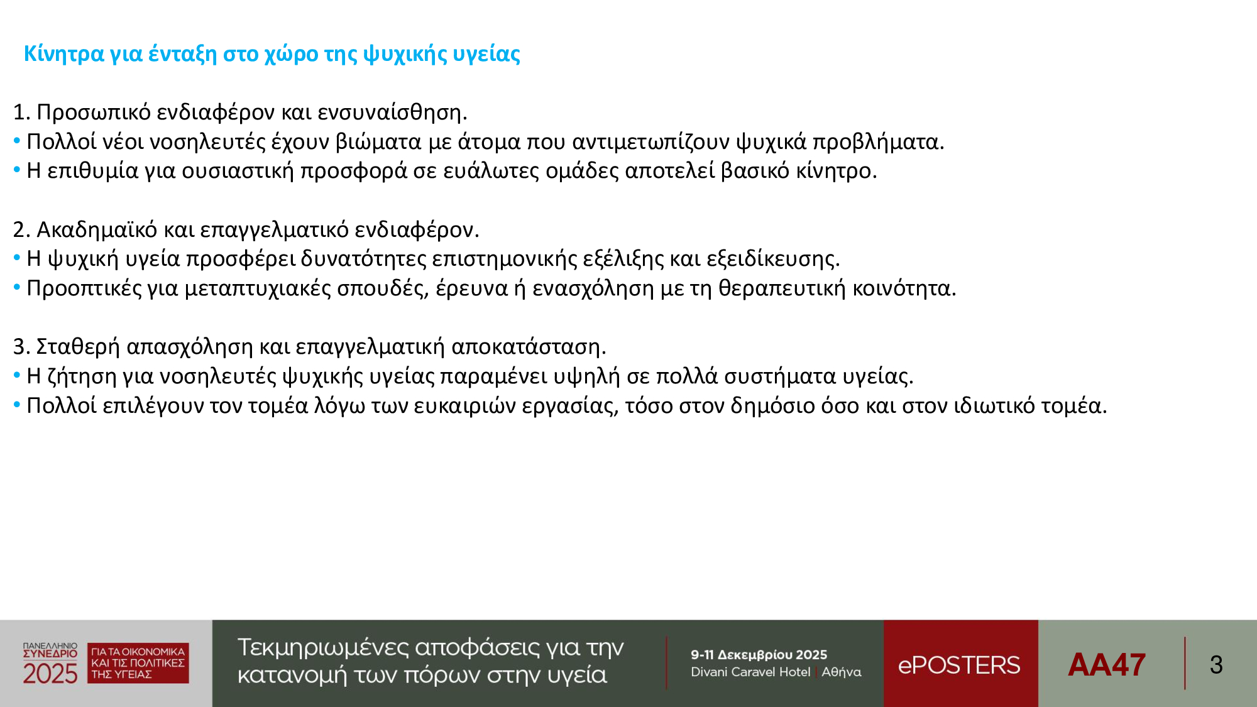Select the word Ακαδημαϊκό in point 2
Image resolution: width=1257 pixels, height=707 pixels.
point(97,229)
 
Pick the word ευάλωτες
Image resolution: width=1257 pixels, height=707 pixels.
point(491,171)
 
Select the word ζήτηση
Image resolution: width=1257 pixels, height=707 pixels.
point(82,376)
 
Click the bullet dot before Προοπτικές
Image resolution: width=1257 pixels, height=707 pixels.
point(17,287)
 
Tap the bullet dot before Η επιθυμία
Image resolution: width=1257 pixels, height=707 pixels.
point(17,170)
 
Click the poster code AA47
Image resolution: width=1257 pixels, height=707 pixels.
point(1107,665)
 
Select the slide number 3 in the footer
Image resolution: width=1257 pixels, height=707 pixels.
point(1216,665)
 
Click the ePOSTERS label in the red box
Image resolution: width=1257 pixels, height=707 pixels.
point(959,665)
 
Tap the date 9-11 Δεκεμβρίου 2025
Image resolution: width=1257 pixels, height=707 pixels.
point(759,655)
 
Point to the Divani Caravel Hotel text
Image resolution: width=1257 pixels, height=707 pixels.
point(750,672)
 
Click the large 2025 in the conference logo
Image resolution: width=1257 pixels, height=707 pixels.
point(50,674)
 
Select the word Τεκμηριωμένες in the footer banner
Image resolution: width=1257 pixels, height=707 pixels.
point(323,648)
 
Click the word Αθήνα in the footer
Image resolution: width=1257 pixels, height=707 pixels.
point(842,672)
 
